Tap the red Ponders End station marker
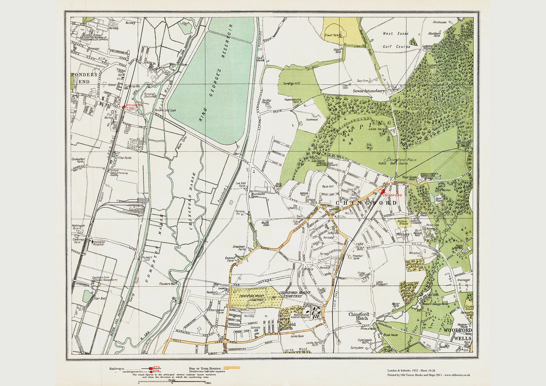click(124, 107)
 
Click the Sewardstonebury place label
click(368, 91)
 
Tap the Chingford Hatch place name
click(359, 316)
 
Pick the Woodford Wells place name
click(458, 334)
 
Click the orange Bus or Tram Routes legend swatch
click(232, 367)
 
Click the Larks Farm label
click(297, 335)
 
